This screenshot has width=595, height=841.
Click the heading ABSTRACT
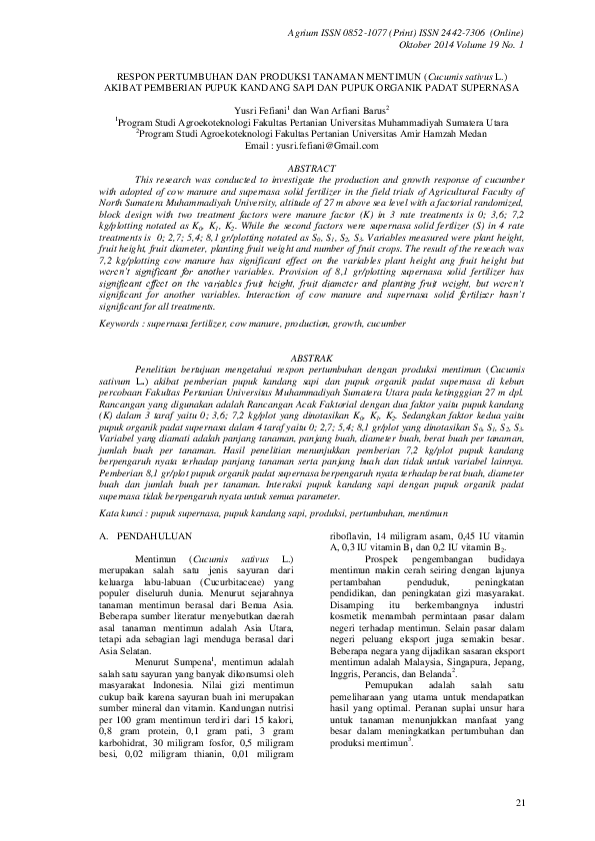tap(297, 171)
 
